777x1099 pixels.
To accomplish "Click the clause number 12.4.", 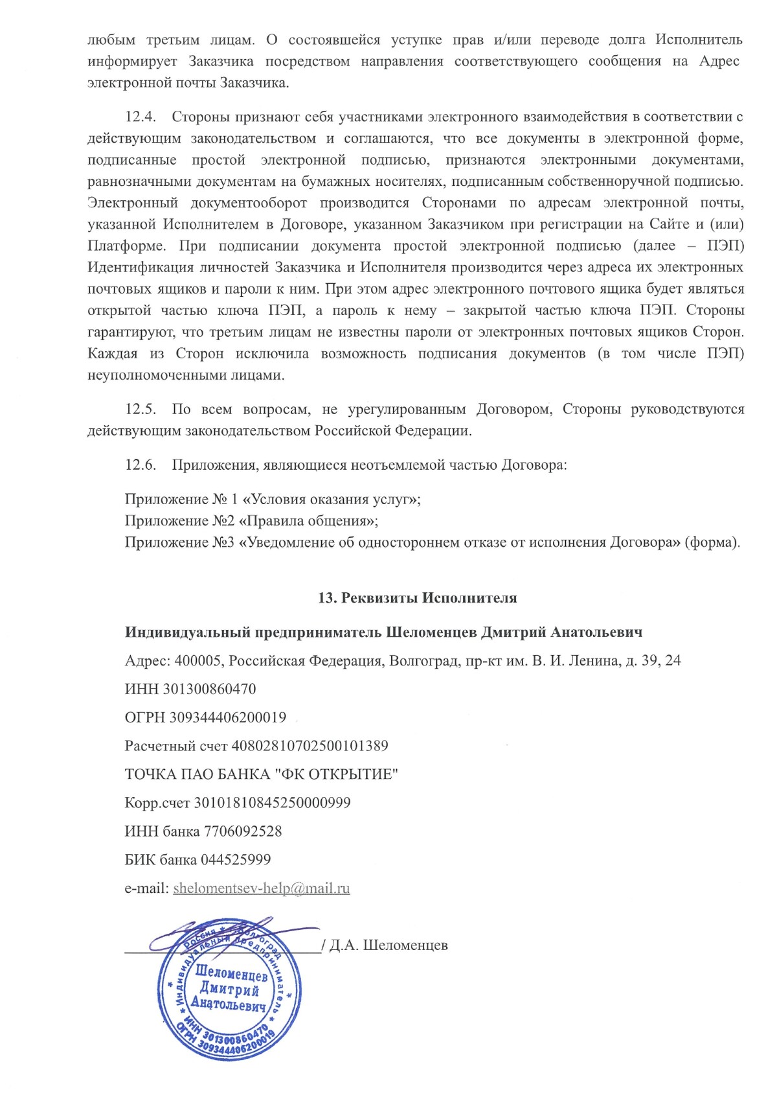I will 141,117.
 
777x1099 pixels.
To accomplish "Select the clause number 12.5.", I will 141,410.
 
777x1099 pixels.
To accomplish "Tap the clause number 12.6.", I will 141,465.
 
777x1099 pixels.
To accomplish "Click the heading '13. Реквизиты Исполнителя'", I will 417,598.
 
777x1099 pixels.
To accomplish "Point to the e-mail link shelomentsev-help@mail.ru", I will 262,888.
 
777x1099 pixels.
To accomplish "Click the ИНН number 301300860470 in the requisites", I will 209,689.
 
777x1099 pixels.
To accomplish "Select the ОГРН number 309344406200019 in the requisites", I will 227,717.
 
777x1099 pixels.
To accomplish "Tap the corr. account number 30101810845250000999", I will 273,803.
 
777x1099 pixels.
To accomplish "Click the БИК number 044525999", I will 236,860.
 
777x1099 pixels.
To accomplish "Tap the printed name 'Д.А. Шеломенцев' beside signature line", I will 388,945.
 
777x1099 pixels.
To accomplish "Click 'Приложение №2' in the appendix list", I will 179,521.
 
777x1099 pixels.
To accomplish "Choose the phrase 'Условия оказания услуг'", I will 331,500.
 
